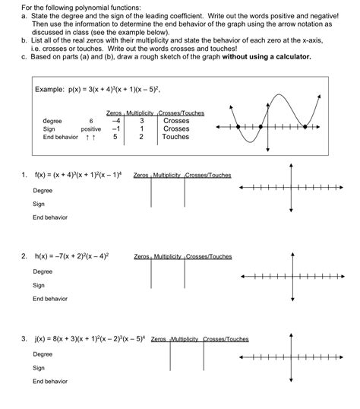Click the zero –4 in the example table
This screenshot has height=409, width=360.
(115, 121)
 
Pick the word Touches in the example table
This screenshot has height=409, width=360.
(175, 137)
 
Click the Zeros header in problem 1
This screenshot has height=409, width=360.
(141, 176)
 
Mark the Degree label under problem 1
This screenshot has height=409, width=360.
(43, 190)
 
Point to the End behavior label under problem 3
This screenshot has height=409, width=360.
(50, 381)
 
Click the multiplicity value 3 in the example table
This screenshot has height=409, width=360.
(142, 121)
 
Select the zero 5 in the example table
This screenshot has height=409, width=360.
(115, 137)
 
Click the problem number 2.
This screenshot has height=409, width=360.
(25, 257)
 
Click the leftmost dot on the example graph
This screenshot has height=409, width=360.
(238, 126)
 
